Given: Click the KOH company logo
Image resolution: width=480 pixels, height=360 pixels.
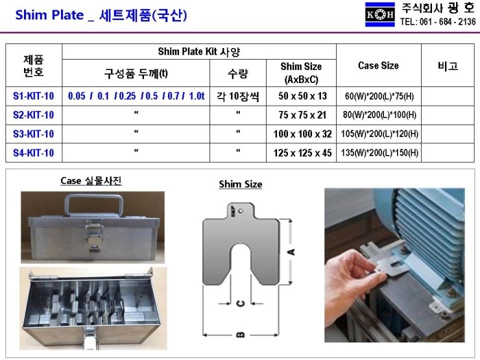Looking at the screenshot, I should tap(380, 14).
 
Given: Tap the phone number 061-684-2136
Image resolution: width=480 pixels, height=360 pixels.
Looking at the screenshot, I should tap(438, 21).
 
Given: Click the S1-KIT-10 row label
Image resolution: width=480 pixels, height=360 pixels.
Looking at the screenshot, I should tap(34, 96).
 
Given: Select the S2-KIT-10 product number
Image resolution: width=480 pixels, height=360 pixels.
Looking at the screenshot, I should tap(34, 115).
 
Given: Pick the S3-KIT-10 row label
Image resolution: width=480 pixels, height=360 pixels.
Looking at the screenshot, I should tap(34, 134).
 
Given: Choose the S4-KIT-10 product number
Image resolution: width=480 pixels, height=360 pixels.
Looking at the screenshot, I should tap(34, 153).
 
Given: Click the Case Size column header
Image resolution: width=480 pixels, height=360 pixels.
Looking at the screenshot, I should tap(378, 66).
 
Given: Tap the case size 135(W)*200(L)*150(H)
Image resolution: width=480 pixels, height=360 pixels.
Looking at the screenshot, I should tap(379, 154).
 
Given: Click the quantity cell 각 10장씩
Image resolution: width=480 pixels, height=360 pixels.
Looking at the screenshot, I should tap(237, 96).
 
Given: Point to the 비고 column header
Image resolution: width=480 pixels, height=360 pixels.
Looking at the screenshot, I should tap(448, 66).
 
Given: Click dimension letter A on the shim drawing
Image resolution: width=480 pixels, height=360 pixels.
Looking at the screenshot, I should tap(291, 252).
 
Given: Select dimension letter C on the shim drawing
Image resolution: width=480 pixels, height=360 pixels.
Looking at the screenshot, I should tap(240, 304).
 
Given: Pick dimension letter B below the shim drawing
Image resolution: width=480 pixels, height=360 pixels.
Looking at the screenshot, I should tap(240, 335).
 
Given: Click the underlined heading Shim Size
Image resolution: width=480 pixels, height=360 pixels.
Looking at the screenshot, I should tap(241, 184).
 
